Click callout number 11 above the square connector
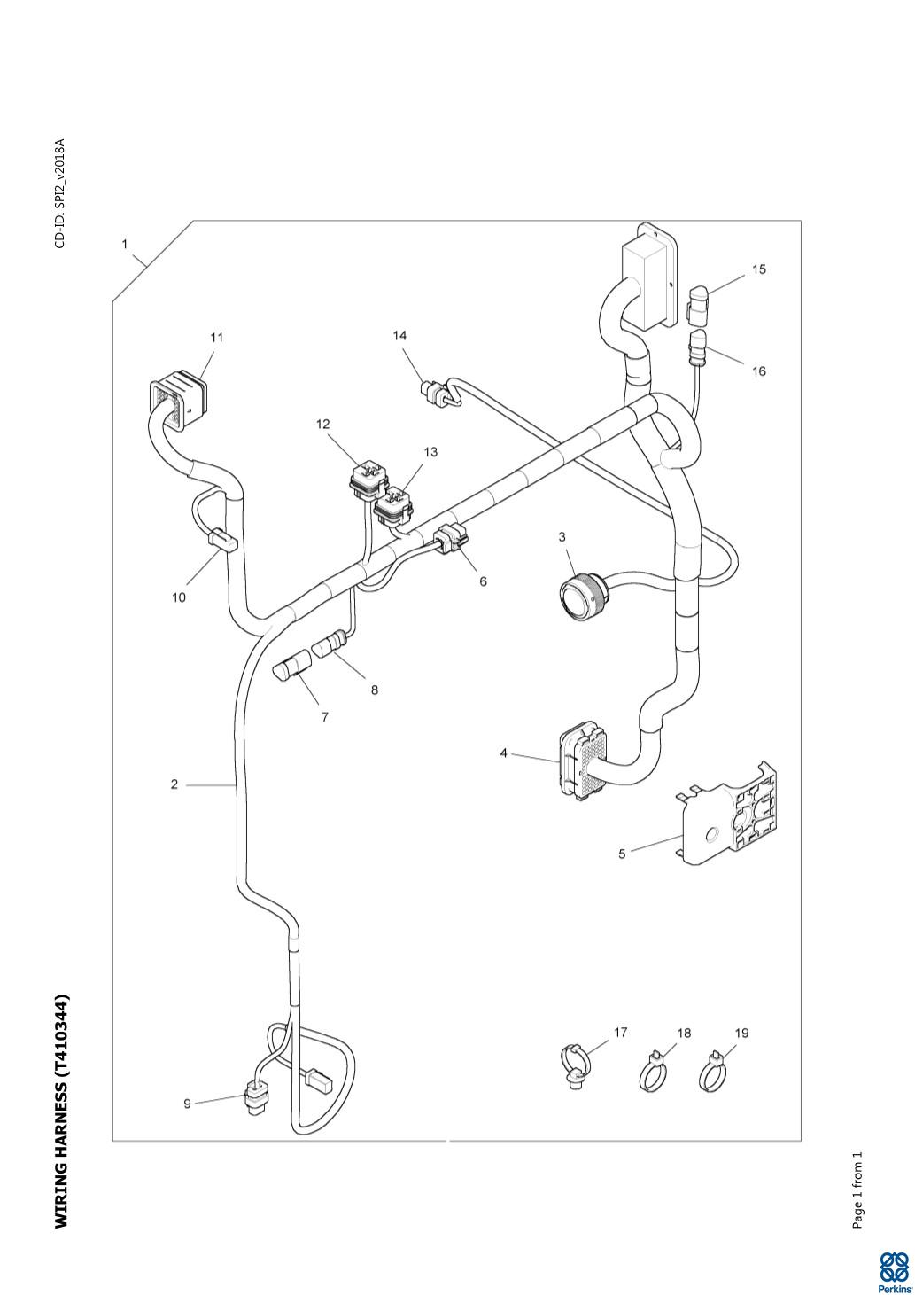pyautogui.click(x=216, y=337)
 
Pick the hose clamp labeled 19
pyautogui.click(x=714, y=1071)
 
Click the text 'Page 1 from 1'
pyautogui.click(x=857, y=1181)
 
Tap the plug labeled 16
pyautogui.click(x=698, y=347)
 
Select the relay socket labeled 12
pyautogui.click(x=369, y=478)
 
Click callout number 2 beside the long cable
pyautogui.click(x=174, y=784)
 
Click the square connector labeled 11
pyautogui.click(x=177, y=401)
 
